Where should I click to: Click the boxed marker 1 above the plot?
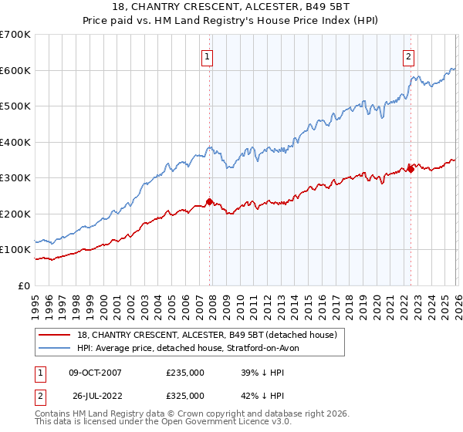tap(208, 56)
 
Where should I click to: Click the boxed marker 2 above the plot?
tap(408, 56)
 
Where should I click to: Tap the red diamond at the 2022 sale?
tap(411, 169)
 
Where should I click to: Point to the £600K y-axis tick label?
tap(15, 70)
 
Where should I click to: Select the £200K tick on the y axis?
tap(15, 214)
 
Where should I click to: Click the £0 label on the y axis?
tap(24, 285)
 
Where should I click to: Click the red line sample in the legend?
tap(56, 336)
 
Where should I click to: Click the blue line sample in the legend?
tap(56, 349)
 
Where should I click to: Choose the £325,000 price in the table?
tap(184, 396)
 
